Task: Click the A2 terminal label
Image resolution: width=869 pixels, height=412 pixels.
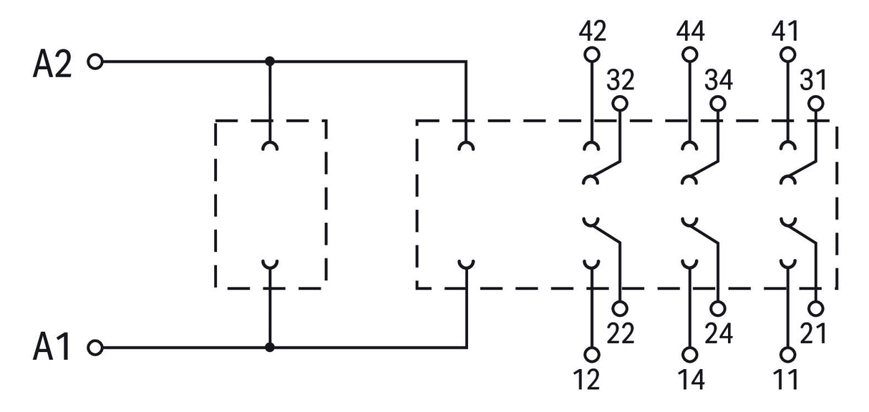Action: click(x=52, y=64)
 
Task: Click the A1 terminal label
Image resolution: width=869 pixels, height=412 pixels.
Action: click(x=52, y=346)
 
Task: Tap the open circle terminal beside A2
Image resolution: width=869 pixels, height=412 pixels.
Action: click(x=95, y=62)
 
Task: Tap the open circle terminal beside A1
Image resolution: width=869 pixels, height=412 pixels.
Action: click(x=95, y=348)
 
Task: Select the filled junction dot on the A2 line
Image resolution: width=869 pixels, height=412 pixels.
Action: click(x=270, y=62)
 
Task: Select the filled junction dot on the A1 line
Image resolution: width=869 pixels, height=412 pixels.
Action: click(x=270, y=348)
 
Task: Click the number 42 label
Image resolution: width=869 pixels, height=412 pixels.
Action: click(x=592, y=31)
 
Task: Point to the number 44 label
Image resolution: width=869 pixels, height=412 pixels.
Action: click(x=690, y=31)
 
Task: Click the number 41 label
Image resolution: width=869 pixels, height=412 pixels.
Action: click(x=785, y=31)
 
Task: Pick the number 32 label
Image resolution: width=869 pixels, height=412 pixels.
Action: click(x=621, y=80)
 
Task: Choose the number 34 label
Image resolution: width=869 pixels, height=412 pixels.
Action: click(x=719, y=80)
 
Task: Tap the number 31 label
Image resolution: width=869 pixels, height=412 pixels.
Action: click(x=813, y=80)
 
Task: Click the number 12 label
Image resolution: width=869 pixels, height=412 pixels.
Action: click(x=586, y=379)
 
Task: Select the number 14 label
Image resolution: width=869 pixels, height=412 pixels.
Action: click(x=691, y=379)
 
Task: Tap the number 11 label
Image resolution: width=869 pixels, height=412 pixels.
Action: click(x=785, y=379)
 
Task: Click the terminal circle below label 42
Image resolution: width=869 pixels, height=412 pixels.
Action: click(x=591, y=54)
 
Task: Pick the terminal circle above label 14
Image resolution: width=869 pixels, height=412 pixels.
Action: click(x=690, y=355)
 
